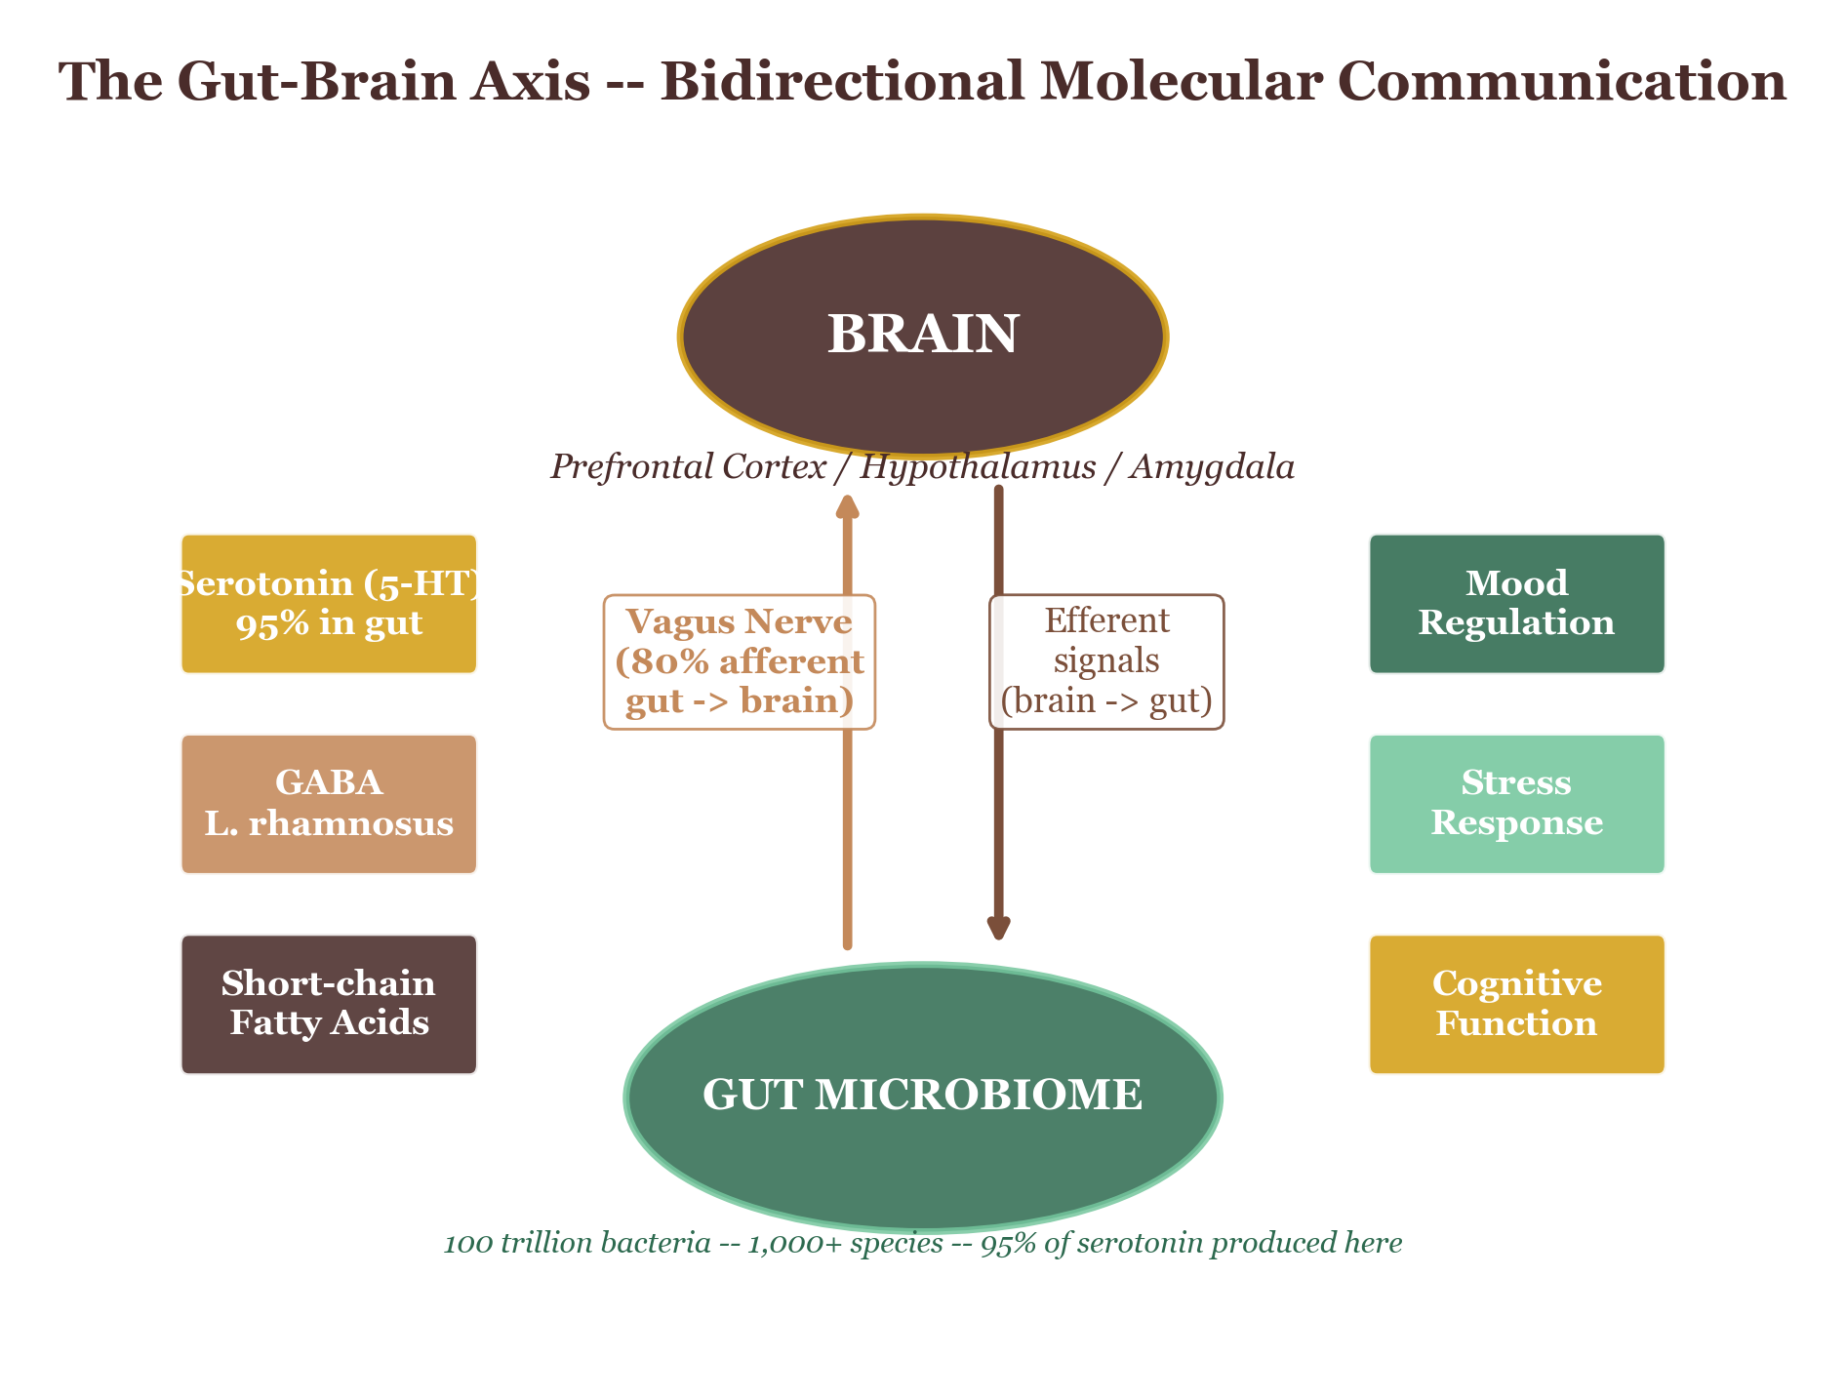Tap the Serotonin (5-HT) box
(x=329, y=604)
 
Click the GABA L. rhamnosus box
(x=329, y=804)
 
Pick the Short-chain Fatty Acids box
(x=329, y=1004)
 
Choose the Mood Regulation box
(x=1516, y=604)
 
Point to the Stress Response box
(x=1516, y=804)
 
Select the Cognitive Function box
(x=1516, y=1004)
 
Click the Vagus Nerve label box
(x=739, y=661)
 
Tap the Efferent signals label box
(x=1106, y=661)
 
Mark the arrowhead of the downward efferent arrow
(x=998, y=928)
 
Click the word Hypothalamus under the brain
(x=978, y=467)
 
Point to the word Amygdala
(x=1213, y=467)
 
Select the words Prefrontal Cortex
(x=688, y=467)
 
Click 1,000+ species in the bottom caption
(x=845, y=1244)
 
